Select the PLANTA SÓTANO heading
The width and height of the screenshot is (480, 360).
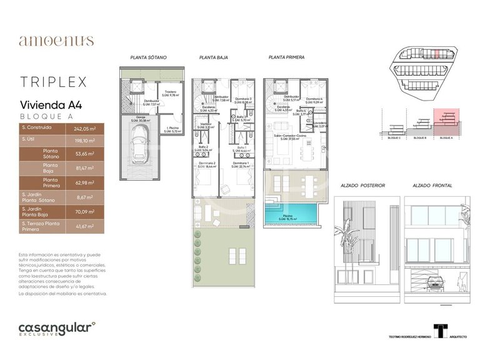pos(148,57)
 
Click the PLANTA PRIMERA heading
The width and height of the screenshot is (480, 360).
pos(286,57)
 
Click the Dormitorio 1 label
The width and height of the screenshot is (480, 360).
pos(240,164)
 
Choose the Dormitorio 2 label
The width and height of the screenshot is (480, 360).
pos(206,164)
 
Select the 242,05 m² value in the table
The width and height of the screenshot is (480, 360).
pos(84,128)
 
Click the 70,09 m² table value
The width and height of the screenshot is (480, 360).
pos(84,212)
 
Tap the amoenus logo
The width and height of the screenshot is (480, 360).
pos(56,41)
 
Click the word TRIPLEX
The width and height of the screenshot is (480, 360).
pos(52,82)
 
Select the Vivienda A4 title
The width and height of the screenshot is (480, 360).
pos(50,105)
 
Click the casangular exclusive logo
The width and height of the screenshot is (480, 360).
pos(57,329)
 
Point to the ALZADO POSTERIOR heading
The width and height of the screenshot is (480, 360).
pos(362,186)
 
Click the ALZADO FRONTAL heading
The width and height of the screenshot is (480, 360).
pos(432,186)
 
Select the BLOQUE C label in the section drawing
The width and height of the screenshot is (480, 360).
pos(394,137)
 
